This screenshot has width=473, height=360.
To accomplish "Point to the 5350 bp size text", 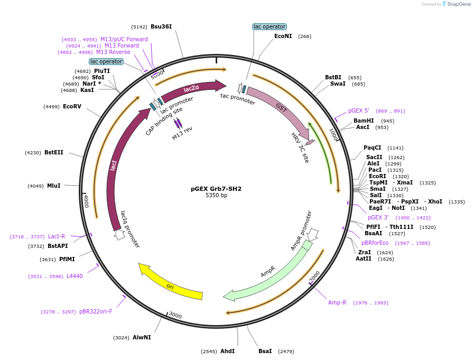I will coord(216,196).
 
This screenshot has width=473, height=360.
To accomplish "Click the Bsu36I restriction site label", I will coord(161,26).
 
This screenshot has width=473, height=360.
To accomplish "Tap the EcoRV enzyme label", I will coord(72,106).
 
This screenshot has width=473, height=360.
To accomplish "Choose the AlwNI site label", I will coord(142,337).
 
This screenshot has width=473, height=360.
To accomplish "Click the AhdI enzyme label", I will coord(227,351).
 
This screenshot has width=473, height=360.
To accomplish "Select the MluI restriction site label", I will coord(54,186).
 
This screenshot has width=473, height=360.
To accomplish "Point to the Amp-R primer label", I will coord(337,302).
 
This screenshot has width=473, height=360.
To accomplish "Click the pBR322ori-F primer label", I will coord(96,311).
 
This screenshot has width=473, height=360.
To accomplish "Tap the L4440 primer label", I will coord(75,276).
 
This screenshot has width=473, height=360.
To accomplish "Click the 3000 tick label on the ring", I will coord(175,316).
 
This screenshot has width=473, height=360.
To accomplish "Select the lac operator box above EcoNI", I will coord(269,26).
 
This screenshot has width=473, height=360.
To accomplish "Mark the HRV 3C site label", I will coord(300,147).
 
